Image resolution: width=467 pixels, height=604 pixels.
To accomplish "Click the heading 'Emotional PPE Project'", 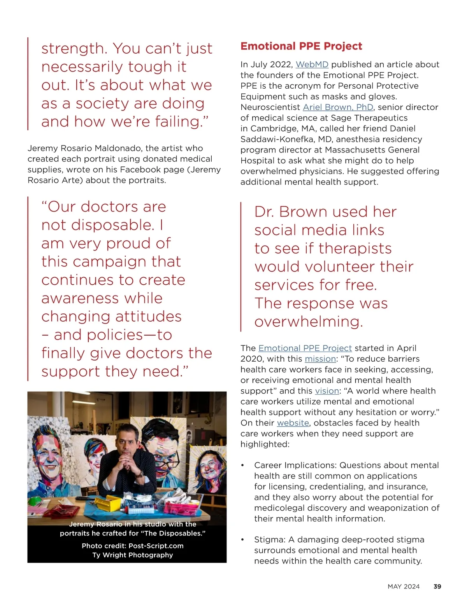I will pos(301,46).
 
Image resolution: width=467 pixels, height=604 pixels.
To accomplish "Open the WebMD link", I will pos(312,65).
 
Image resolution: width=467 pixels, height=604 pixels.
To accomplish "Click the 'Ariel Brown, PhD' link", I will pos(338,107).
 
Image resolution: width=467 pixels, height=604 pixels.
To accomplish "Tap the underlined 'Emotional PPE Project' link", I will pos(305,348).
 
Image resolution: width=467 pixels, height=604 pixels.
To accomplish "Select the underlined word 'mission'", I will pos(320,359).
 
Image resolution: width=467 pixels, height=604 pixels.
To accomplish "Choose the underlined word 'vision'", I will pos(327,391).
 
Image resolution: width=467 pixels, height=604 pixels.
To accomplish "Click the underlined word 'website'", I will pos(293,423).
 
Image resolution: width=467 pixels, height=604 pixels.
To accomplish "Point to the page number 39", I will pos(437,586).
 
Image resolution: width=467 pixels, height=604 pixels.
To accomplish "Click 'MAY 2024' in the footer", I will pos(403,586).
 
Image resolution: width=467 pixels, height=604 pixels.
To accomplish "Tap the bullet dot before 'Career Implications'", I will pos(242,466).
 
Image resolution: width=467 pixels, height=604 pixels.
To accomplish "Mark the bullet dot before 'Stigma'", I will pos(242,540).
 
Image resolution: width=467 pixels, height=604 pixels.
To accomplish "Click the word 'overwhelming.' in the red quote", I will pos(309,322).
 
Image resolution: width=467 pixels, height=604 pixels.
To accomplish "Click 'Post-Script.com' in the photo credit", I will pos(156,546).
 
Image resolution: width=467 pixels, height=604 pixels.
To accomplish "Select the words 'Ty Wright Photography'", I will pos(132,555).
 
